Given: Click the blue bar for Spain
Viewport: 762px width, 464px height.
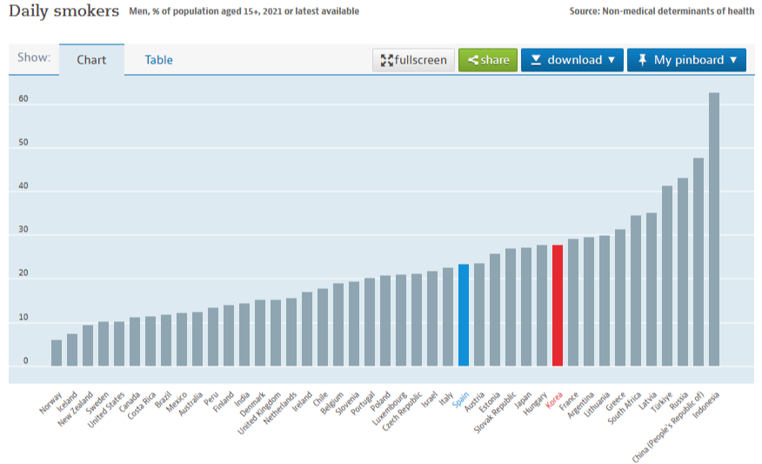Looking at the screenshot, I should click(x=464, y=314).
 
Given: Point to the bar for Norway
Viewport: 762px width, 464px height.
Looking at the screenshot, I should click(x=57, y=352).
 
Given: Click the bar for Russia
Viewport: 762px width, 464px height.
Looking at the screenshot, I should click(x=683, y=272).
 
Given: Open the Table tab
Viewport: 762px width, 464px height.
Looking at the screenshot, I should click(x=158, y=60).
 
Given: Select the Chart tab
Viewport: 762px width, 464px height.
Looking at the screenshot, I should click(x=91, y=60).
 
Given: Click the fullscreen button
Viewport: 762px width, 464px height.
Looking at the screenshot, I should click(x=414, y=60).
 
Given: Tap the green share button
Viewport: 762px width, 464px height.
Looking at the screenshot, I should click(x=488, y=60).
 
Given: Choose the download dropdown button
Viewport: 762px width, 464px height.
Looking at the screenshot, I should click(x=572, y=60).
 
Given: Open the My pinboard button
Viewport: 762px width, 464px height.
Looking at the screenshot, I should click(x=686, y=60).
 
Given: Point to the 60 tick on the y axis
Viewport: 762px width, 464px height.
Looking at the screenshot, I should click(x=23, y=99).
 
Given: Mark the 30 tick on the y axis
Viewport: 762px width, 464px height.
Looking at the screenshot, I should click(x=23, y=230).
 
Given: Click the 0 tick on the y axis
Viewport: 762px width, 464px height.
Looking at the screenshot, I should click(x=25, y=360).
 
